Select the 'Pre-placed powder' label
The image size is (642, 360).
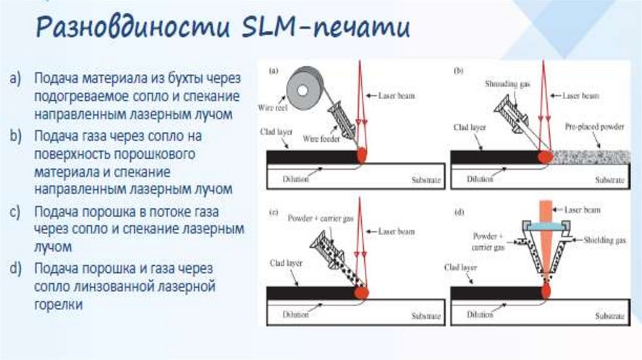pyautogui.click(x=595, y=127)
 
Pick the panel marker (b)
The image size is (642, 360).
pyautogui.click(x=458, y=71)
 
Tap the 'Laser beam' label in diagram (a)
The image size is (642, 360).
pyautogui.click(x=396, y=96)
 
